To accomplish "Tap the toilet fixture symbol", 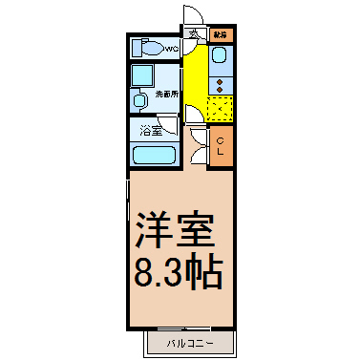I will click(x=148, y=47).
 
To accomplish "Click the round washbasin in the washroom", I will click(x=139, y=98).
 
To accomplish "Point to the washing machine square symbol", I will click(x=144, y=75).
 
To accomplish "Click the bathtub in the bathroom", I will click(x=154, y=156).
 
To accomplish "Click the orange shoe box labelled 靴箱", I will click(x=222, y=34).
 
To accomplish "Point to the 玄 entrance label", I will click(x=192, y=35).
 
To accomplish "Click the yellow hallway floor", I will click(x=194, y=76).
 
